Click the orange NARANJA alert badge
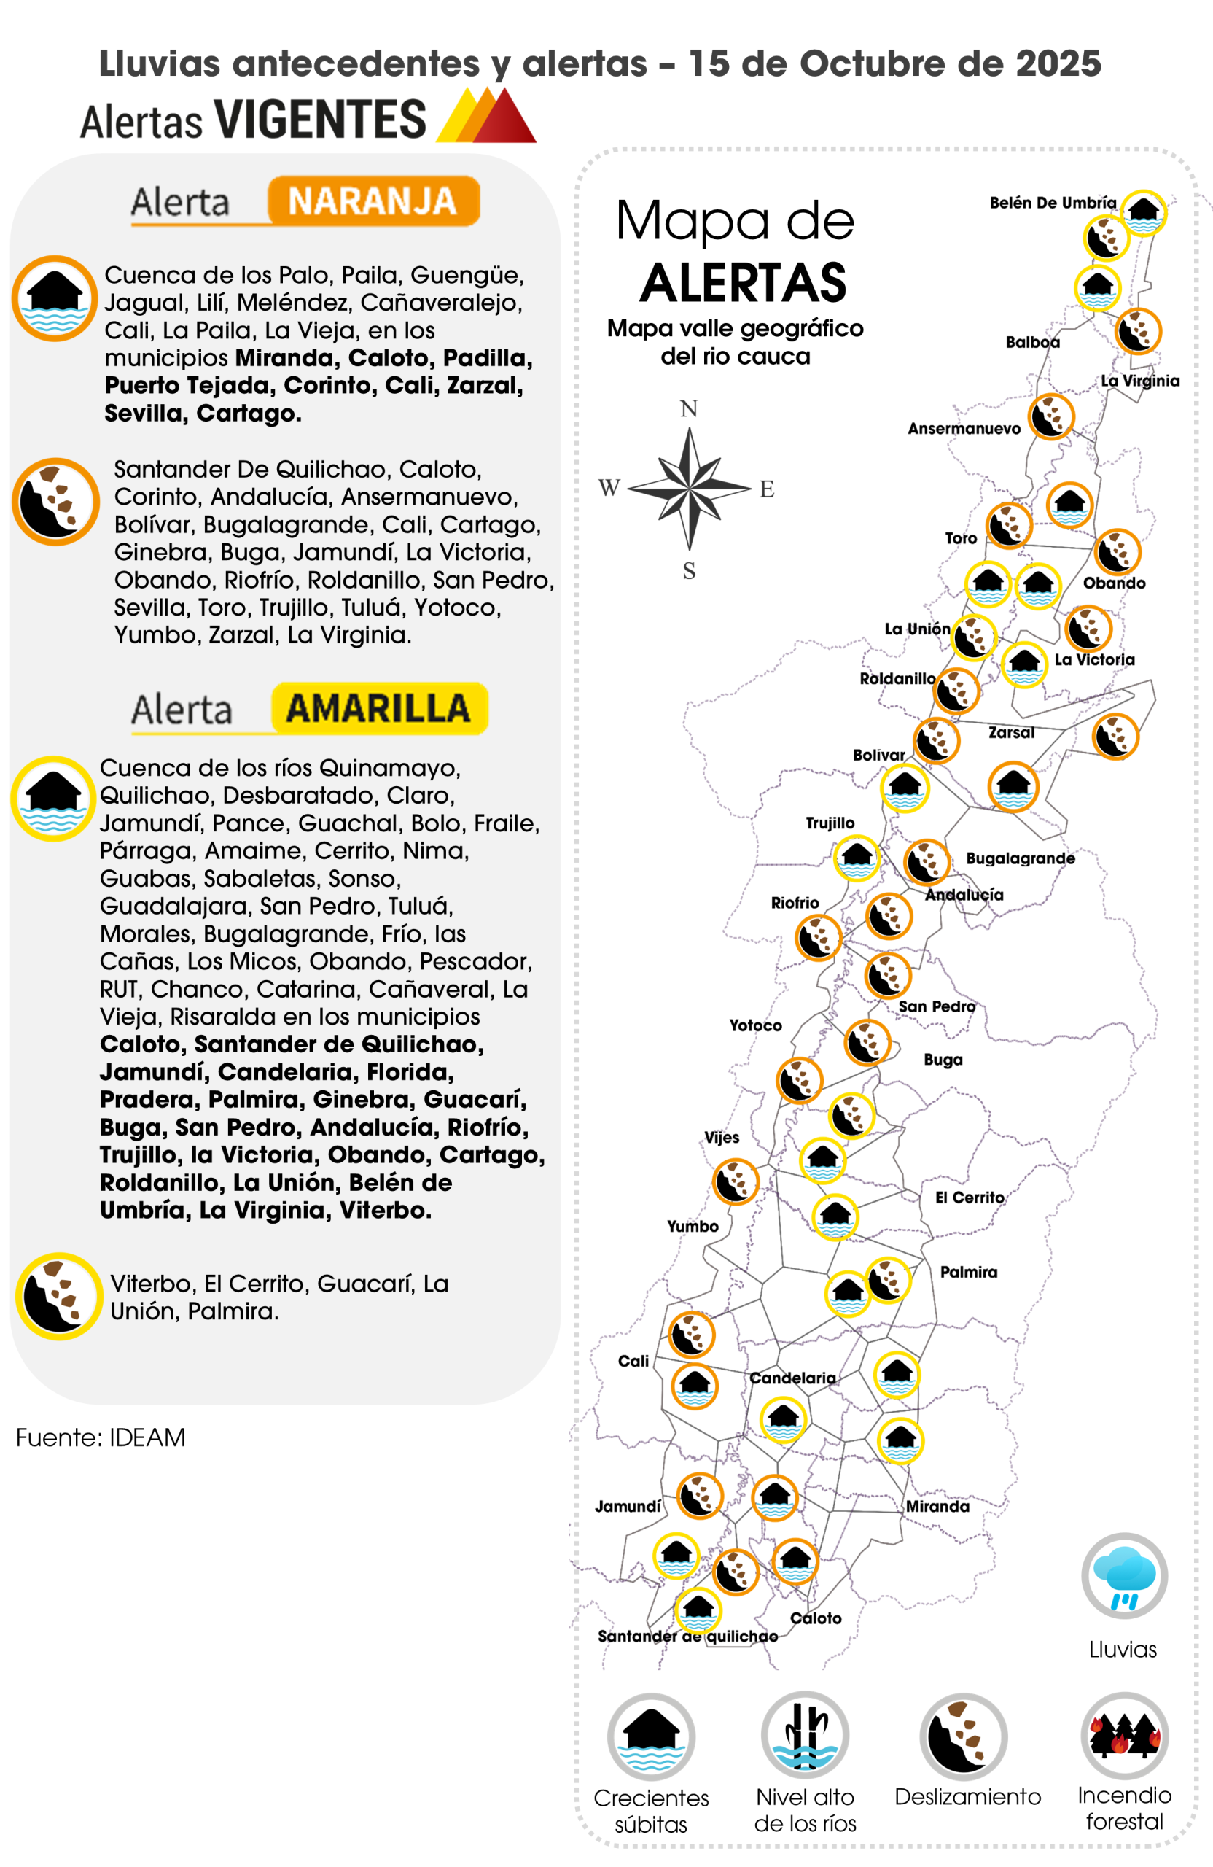click(373, 201)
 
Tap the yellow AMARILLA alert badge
click(380, 708)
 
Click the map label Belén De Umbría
click(1052, 203)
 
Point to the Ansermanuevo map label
click(964, 429)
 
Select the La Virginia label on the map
click(1139, 381)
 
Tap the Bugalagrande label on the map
click(1019, 858)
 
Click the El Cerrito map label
click(969, 1197)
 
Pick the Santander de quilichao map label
click(687, 1637)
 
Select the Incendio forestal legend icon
click(1124, 1736)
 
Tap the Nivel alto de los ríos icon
click(805, 1736)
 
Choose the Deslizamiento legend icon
click(964, 1736)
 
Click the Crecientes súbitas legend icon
click(651, 1736)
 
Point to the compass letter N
click(688, 408)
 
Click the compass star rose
click(689, 488)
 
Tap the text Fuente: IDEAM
click(101, 1437)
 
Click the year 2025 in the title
click(1058, 63)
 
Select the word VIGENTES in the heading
click(320, 120)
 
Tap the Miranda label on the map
click(937, 1506)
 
